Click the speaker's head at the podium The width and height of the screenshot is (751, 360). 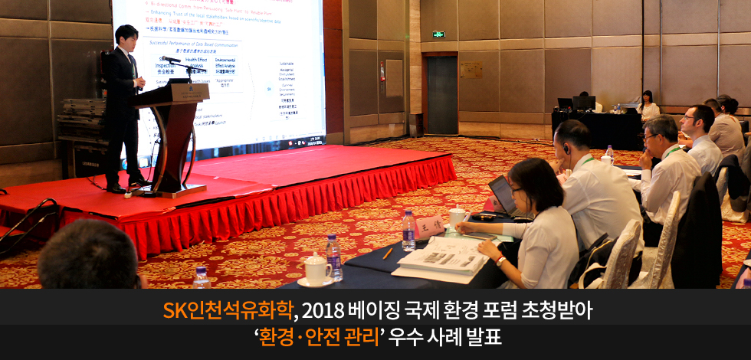[x=126, y=37]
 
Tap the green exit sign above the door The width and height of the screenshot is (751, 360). [x=438, y=34]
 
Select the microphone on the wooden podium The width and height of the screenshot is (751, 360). [x=171, y=59]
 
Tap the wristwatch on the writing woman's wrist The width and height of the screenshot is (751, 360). [x=500, y=260]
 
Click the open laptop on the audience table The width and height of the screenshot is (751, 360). [x=503, y=196]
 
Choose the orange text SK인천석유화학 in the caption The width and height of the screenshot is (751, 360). [x=228, y=310]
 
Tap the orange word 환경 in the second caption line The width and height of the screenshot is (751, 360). [x=278, y=337]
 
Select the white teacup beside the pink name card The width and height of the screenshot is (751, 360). [x=457, y=217]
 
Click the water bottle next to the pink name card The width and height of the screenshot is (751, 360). [x=409, y=231]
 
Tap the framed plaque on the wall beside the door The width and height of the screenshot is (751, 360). [x=471, y=69]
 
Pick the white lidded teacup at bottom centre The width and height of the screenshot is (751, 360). [x=316, y=269]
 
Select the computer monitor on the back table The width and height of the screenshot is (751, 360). [x=583, y=102]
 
